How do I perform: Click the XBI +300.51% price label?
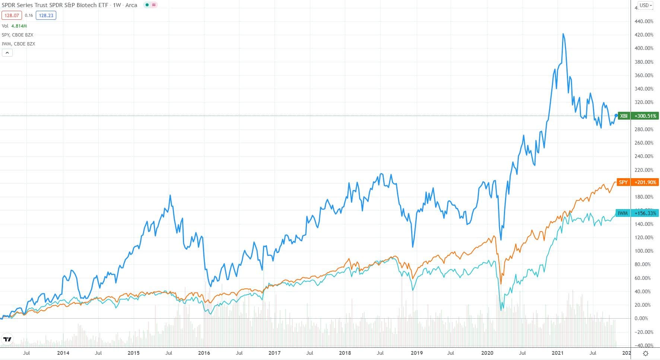click(x=638, y=116)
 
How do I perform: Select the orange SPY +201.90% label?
click(x=638, y=182)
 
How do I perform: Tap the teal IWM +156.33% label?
click(x=637, y=213)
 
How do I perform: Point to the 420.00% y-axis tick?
click(x=644, y=35)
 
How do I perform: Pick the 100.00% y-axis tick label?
click(x=644, y=251)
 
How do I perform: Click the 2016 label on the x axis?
click(x=204, y=353)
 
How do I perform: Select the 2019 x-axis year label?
click(x=416, y=353)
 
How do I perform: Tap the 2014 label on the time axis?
click(x=63, y=353)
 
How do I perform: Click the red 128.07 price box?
click(x=12, y=15)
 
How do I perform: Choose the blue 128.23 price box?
click(x=46, y=15)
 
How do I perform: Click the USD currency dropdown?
click(x=645, y=5)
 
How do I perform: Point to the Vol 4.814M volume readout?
click(x=14, y=26)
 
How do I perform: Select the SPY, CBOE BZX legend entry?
click(x=18, y=35)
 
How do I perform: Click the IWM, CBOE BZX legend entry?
click(x=18, y=44)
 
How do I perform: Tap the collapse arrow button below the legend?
click(x=7, y=53)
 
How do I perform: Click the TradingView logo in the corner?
click(x=7, y=339)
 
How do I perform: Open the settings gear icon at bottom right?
click(x=645, y=353)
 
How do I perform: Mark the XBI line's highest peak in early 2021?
click(x=563, y=34)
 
